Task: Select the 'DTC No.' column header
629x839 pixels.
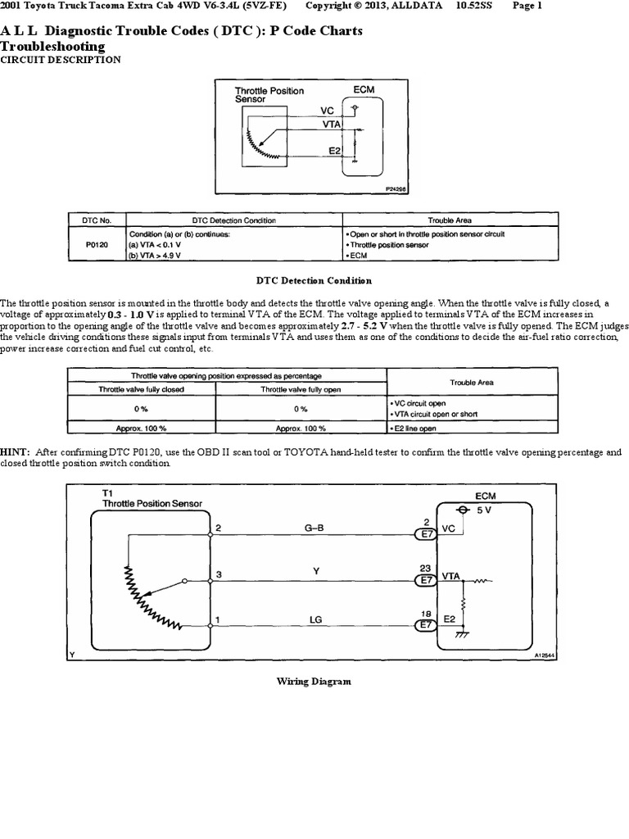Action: coord(95,220)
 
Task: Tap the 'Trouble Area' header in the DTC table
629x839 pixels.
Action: coord(450,220)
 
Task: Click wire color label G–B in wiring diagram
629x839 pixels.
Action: coord(314,528)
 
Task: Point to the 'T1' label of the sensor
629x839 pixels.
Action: coord(107,494)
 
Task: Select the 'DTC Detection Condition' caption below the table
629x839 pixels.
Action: coord(314,281)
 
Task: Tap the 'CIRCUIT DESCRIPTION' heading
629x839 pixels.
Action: coord(61,60)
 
